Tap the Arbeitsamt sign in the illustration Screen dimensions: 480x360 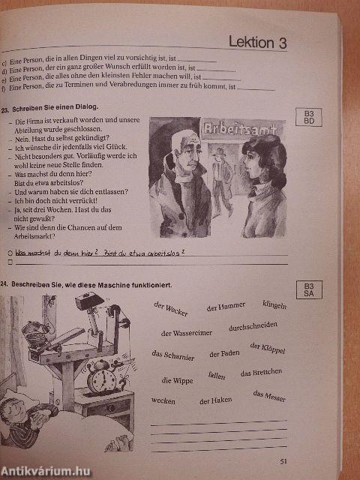coord(232,129)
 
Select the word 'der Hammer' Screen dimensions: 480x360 coord(226,307)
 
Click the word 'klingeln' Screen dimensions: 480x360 coord(274,304)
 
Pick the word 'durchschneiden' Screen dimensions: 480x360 coord(253,326)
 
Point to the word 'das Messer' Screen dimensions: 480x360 coord(269,396)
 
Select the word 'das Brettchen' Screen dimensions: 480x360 coord(262,373)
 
